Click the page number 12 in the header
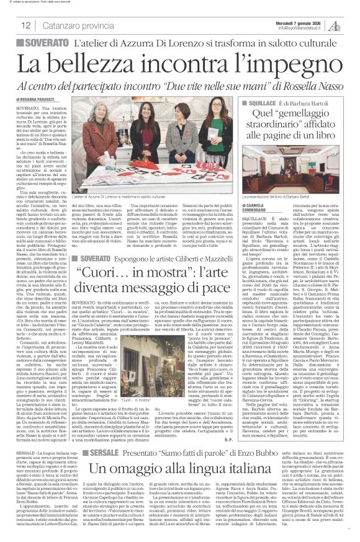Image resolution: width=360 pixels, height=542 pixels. [x=26, y=26]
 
